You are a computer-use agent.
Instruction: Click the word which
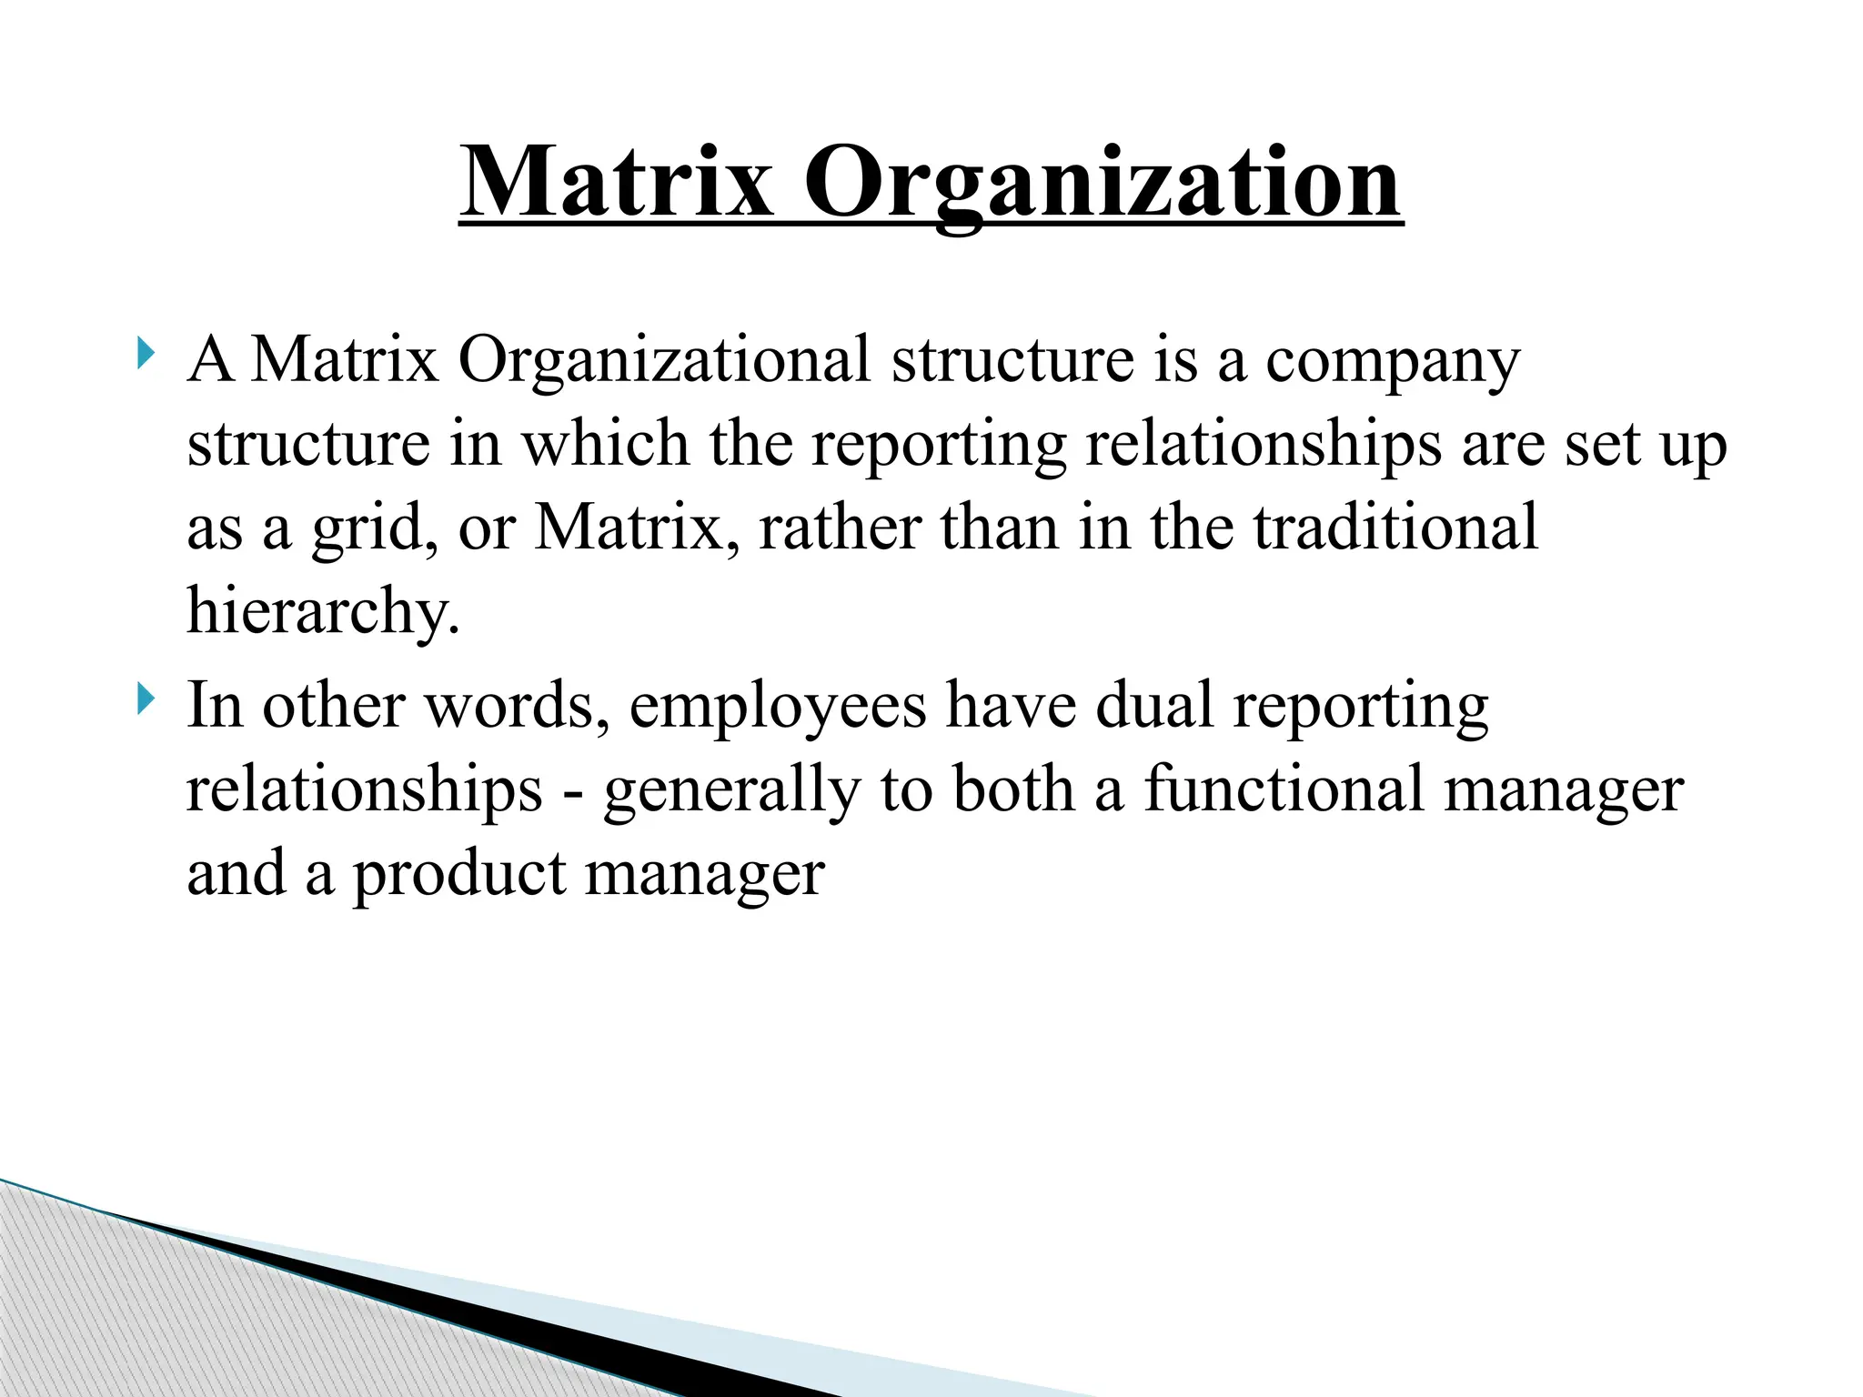pos(604,444)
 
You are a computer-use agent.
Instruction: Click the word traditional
pos(1395,528)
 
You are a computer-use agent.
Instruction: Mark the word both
pos(1013,789)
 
